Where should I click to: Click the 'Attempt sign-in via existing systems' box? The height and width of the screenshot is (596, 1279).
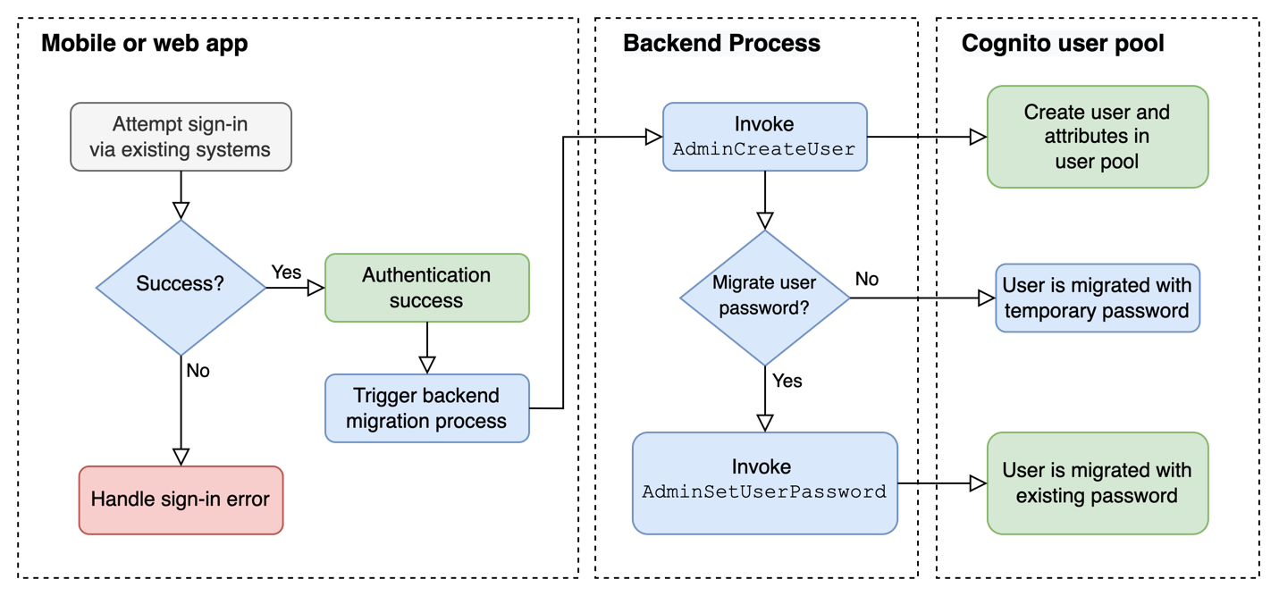(x=181, y=137)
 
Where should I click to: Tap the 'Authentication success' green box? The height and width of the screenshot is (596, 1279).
(x=426, y=288)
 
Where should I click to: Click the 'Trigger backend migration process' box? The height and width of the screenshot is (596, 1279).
(x=426, y=408)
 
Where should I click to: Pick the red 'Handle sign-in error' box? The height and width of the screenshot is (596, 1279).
(x=181, y=499)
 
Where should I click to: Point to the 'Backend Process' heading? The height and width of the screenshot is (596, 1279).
(x=721, y=43)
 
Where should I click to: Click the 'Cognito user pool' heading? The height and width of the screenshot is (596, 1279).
(x=1063, y=43)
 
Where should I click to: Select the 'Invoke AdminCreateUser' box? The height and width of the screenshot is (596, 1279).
(x=764, y=137)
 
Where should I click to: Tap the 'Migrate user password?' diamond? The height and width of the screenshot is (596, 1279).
(x=764, y=297)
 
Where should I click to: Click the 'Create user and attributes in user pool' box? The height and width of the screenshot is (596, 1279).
(x=1097, y=137)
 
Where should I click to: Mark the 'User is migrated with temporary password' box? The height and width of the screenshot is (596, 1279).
(x=1097, y=298)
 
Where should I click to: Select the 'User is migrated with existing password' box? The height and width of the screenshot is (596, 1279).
(x=1097, y=483)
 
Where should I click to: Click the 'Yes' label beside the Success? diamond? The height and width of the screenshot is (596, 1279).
(x=286, y=272)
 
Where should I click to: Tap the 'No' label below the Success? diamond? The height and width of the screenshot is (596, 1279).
(x=198, y=370)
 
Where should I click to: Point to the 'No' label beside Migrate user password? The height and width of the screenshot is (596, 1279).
(x=866, y=280)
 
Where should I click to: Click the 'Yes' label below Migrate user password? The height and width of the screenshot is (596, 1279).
(x=787, y=381)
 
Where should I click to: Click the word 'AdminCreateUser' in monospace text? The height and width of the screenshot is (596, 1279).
(x=764, y=149)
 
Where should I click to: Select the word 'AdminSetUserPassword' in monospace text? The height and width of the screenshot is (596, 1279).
(x=764, y=492)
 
